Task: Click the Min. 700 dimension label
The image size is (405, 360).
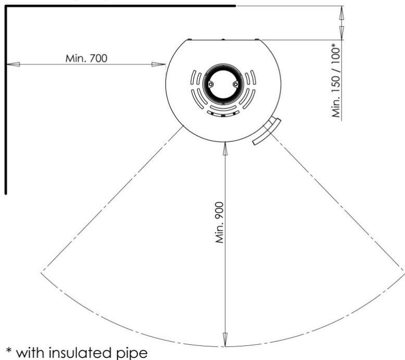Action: pyautogui.click(x=86, y=58)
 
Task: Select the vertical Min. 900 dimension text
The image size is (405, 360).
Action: pyautogui.click(x=219, y=223)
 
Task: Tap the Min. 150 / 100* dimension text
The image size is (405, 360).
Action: pyautogui.click(x=336, y=81)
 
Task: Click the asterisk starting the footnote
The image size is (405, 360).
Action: pyautogui.click(x=9, y=351)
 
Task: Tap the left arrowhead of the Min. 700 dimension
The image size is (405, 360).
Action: pyautogui.click(x=13, y=65)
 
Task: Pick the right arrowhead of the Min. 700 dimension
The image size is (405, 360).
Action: pyautogui.click(x=158, y=65)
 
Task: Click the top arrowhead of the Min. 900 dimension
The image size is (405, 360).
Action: pyautogui.click(x=225, y=149)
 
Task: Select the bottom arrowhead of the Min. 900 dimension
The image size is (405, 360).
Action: pyautogui.click(x=225, y=340)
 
